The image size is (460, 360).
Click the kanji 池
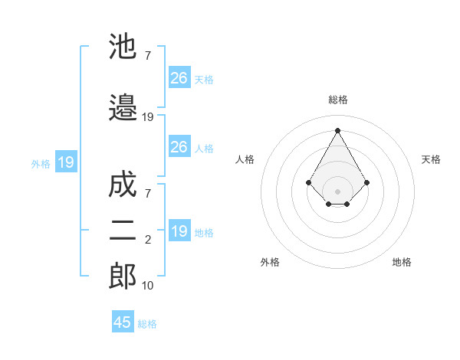click(123, 47)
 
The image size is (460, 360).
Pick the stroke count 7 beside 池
click(148, 56)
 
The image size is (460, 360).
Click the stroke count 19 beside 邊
click(148, 117)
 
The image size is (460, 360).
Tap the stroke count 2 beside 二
click(148, 241)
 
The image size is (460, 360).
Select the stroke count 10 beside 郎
click(148, 286)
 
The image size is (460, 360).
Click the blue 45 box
click(123, 322)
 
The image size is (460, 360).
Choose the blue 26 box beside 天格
click(179, 77)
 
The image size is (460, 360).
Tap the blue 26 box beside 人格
click(179, 147)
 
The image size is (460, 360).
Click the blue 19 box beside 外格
click(65, 162)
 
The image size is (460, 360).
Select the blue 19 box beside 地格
click(179, 231)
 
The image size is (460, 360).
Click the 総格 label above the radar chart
click(338, 100)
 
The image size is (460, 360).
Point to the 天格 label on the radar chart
click(431, 159)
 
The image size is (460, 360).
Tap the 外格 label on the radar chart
click(270, 262)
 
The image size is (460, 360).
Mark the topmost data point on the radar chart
click(337, 130)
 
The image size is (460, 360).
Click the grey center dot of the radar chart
click(337, 191)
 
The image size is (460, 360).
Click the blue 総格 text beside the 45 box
click(147, 324)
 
